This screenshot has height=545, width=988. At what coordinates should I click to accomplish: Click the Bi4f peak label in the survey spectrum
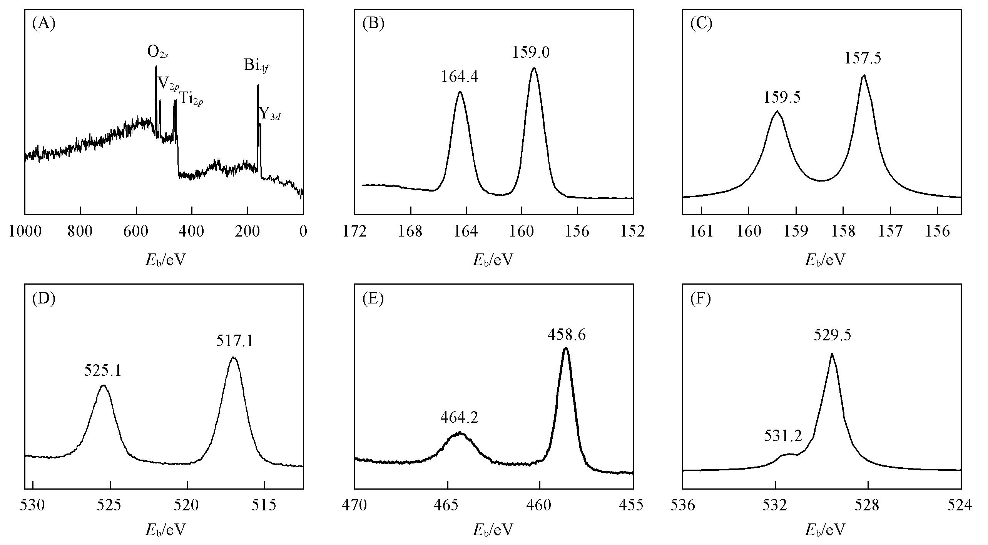point(256,65)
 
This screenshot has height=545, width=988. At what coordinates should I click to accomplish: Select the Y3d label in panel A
point(269,114)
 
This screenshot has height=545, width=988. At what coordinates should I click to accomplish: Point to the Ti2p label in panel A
point(191,99)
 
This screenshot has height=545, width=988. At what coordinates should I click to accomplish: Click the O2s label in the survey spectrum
point(158,52)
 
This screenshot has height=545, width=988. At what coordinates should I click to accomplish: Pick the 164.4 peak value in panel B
point(460,77)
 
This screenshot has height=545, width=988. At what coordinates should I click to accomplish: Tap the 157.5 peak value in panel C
point(863,58)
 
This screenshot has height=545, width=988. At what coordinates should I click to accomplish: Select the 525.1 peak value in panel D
point(103,371)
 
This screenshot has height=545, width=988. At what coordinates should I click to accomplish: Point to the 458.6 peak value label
point(567,335)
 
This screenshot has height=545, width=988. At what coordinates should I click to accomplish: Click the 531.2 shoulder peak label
point(783,436)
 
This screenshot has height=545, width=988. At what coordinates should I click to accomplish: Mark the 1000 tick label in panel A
point(25,232)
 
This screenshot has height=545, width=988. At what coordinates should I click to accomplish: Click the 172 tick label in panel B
point(354,232)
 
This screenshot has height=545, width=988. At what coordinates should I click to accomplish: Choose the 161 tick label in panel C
point(701,232)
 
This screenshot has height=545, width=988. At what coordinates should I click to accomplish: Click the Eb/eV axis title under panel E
point(493,530)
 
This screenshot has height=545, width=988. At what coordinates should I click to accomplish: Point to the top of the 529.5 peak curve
point(832,353)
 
